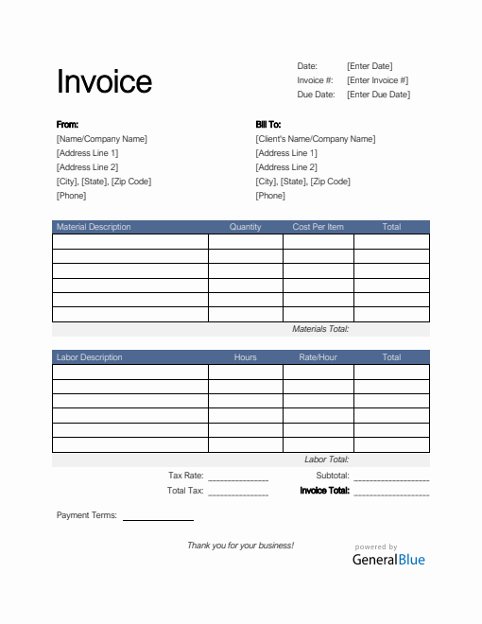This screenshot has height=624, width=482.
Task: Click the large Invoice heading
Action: tap(104, 81)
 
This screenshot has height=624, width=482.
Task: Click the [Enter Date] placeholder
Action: tap(370, 66)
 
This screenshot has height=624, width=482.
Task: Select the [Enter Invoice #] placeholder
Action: tap(378, 80)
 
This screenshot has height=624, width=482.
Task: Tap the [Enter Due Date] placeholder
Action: tap(378, 95)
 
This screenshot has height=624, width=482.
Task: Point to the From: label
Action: tap(67, 125)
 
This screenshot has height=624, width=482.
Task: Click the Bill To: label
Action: tap(268, 125)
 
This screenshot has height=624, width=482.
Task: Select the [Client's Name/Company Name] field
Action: tap(315, 139)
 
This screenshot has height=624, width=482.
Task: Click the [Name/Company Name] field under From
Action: tap(102, 139)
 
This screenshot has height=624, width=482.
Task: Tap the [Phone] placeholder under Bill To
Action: tap(270, 196)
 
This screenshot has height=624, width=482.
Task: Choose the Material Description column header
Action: tap(94, 227)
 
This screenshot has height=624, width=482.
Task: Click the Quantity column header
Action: tap(246, 227)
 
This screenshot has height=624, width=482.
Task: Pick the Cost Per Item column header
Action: tap(318, 227)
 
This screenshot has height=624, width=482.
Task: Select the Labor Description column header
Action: tap(90, 357)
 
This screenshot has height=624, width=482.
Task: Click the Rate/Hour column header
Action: tap(318, 357)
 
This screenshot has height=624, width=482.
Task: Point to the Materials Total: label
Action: tap(321, 329)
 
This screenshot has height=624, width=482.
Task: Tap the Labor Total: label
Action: tap(327, 459)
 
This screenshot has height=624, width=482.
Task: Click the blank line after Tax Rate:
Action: tap(238, 478)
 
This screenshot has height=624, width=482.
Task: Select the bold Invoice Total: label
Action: tap(325, 491)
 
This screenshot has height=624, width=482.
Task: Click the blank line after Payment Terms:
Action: tap(158, 518)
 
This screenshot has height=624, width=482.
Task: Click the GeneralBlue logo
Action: tap(388, 558)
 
